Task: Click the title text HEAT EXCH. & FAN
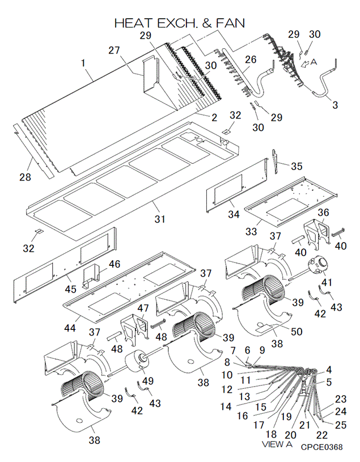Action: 180,23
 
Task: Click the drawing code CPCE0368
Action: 321,447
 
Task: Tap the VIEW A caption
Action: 277,444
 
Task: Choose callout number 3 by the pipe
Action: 335,105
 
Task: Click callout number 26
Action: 251,60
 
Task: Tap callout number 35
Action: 297,166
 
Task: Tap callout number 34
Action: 234,214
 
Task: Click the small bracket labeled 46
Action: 91,275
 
